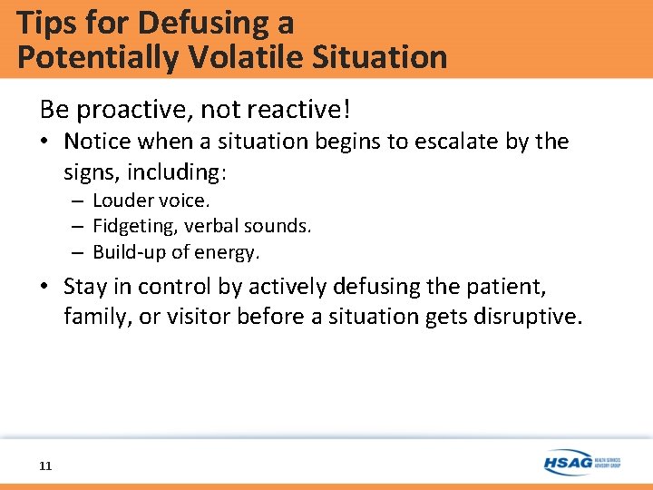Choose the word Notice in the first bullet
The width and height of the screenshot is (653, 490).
tap(98, 142)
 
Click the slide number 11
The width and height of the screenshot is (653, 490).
tap(45, 466)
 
